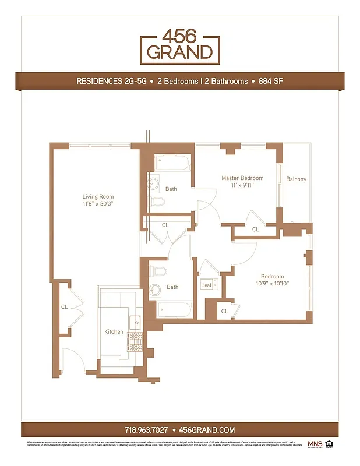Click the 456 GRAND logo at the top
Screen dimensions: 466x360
coord(179,46)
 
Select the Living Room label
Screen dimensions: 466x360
coord(98,196)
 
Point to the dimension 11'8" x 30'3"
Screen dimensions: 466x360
coord(98,204)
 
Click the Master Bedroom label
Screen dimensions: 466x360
coord(242,178)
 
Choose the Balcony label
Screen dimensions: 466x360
coord(296,179)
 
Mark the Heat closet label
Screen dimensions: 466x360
coord(206,285)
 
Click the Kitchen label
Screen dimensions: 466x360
coord(114,331)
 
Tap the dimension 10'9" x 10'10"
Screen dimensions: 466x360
coord(272,284)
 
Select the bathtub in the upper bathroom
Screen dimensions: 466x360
coord(172,164)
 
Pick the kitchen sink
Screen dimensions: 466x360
coord(135,321)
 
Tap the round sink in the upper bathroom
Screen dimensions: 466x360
coord(154,186)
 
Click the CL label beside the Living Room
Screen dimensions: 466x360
coord(64,306)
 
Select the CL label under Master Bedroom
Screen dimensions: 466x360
coord(255,230)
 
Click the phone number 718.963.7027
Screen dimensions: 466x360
coord(146,430)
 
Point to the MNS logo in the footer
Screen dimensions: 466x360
coord(314,444)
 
